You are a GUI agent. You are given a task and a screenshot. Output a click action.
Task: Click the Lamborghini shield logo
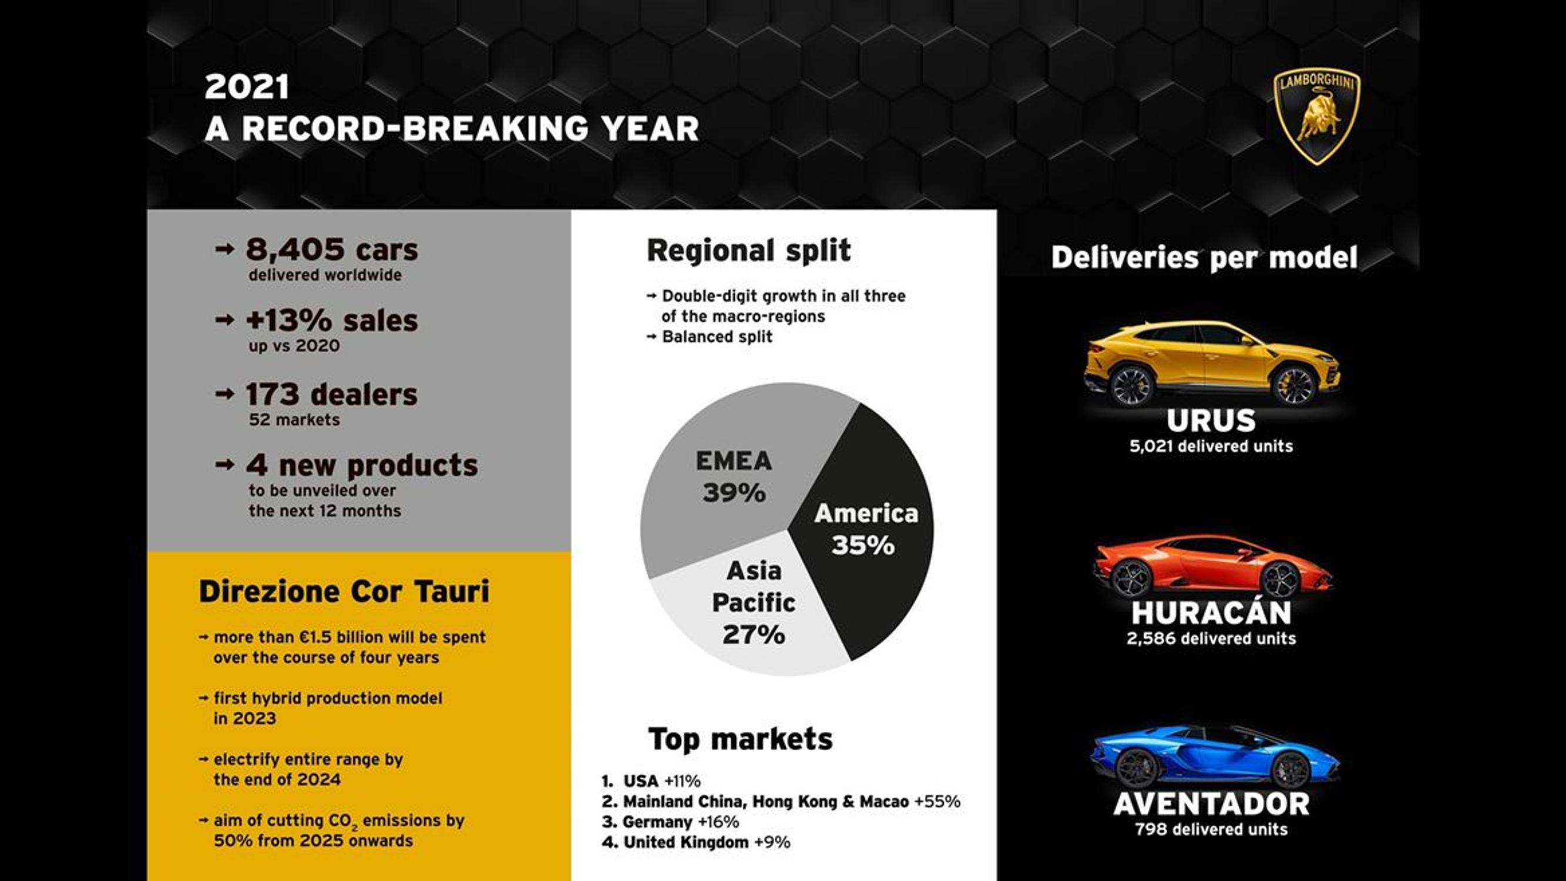click(1317, 116)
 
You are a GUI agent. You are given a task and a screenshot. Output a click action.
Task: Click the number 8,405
click(294, 249)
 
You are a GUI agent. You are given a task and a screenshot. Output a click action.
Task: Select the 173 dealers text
click(331, 395)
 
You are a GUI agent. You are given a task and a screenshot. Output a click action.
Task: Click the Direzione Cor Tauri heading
click(344, 591)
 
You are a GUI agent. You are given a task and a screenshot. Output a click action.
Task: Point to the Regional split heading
click(748, 251)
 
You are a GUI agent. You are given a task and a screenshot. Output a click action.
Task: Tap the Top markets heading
click(740, 739)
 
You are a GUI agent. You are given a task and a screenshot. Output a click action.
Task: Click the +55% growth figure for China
click(937, 801)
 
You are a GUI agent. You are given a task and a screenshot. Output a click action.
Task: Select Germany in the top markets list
click(657, 822)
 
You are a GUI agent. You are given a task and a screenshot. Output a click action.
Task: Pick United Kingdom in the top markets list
click(685, 842)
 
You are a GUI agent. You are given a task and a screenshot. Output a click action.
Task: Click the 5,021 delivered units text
click(1211, 446)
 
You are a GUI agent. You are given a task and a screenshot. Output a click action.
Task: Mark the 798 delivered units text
click(1211, 829)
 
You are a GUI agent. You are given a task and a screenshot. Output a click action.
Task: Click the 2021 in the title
click(246, 87)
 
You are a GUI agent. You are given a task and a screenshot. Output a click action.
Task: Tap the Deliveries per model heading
click(1204, 257)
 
